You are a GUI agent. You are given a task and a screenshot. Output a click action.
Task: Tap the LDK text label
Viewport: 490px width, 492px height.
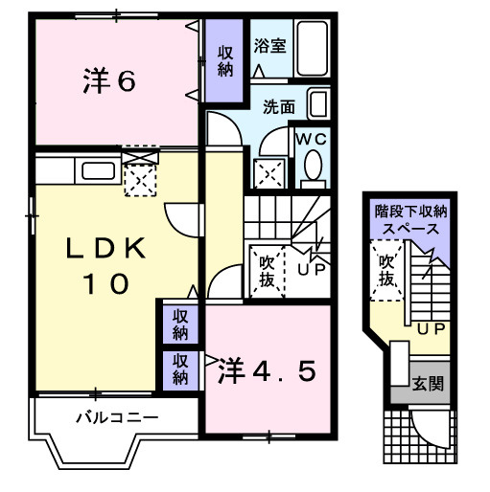(x=106, y=250)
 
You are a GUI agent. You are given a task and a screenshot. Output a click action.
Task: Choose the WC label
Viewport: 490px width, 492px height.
(x=311, y=139)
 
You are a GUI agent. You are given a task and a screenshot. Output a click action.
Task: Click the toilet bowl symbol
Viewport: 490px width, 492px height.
(x=312, y=169)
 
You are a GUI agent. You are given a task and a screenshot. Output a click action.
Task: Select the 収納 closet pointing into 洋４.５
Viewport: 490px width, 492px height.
(x=180, y=369)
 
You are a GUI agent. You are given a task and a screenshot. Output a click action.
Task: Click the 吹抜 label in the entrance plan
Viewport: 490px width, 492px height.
(x=386, y=270)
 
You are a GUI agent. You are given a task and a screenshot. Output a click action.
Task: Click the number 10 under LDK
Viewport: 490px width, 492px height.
(x=105, y=284)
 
